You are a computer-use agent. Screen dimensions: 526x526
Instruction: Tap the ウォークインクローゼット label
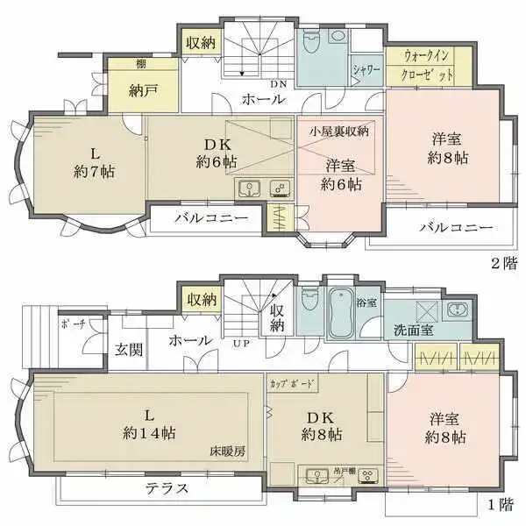click(429, 66)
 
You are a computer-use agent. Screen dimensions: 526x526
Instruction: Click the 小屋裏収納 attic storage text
click(338, 131)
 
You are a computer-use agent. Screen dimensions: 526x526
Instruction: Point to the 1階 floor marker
click(501, 505)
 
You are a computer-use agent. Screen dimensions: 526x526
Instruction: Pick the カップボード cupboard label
click(293, 384)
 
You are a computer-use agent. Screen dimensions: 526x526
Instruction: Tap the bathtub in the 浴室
click(341, 310)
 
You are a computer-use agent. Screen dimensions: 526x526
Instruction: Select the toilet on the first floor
click(308, 302)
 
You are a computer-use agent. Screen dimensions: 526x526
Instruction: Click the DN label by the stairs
click(278, 84)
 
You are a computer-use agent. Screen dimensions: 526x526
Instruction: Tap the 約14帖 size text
click(146, 433)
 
